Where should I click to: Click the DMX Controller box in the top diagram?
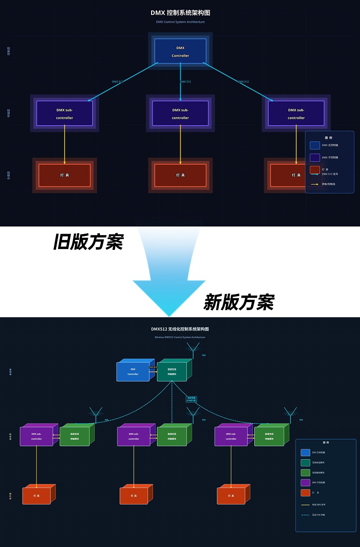180,51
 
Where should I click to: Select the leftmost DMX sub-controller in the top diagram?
64,113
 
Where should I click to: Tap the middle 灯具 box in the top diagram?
180,175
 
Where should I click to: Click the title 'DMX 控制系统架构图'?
180,13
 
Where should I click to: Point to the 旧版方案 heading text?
88,242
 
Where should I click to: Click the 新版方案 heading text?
238,302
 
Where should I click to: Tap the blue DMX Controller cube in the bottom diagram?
133,371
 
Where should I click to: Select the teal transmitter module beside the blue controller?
172,371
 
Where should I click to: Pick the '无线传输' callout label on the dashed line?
191,398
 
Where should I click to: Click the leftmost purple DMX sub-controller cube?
36,436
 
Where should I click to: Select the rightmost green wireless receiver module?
269,436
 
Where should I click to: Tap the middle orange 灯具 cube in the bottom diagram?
134,495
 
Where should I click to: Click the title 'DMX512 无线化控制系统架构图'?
180,329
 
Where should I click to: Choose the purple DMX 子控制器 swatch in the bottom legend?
305,483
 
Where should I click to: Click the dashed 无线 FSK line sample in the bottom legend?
305,515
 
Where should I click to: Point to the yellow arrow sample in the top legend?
315,184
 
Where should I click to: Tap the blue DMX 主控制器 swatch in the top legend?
315,145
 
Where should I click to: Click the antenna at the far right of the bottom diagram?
290,413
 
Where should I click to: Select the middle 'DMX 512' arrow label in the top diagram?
185,82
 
